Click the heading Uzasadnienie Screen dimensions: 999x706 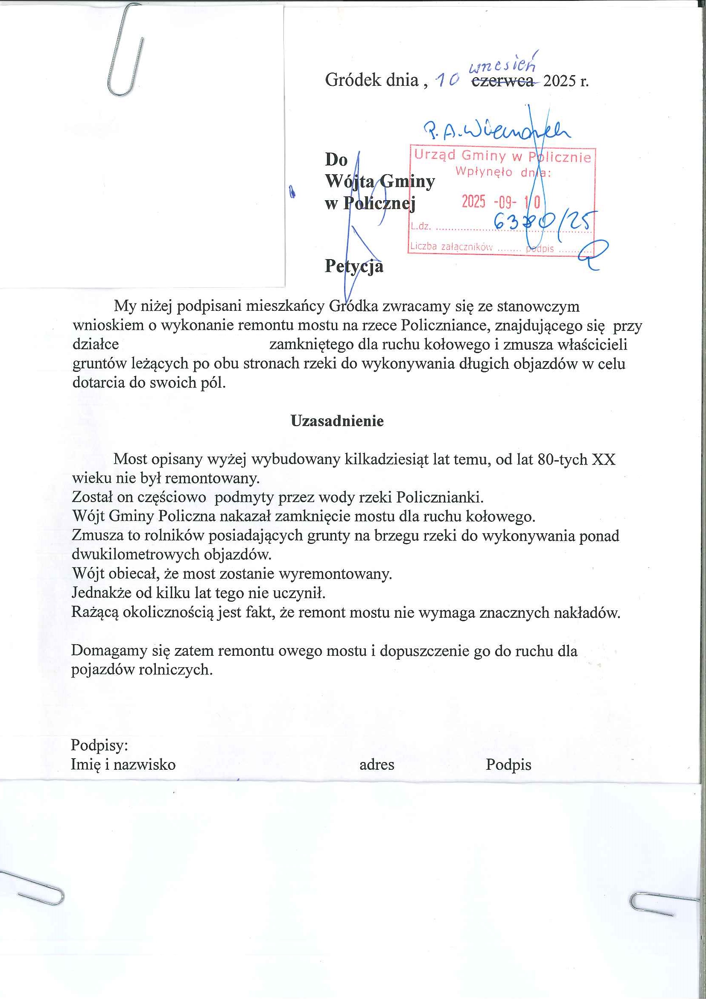coord(337,421)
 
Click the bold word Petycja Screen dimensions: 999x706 coord(354,266)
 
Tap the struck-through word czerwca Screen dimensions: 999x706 coord(502,81)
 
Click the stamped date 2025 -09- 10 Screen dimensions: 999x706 coord(501,202)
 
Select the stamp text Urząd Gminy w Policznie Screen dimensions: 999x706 coord(502,155)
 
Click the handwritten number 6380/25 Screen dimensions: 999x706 coord(544,222)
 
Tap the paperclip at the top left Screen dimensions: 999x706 coord(124,50)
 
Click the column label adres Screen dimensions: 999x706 coord(377,765)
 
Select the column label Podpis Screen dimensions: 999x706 coord(508,765)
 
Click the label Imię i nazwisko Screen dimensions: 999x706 coord(123,765)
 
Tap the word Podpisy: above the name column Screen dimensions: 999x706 coord(99,745)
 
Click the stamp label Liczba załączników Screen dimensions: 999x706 coord(451,247)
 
